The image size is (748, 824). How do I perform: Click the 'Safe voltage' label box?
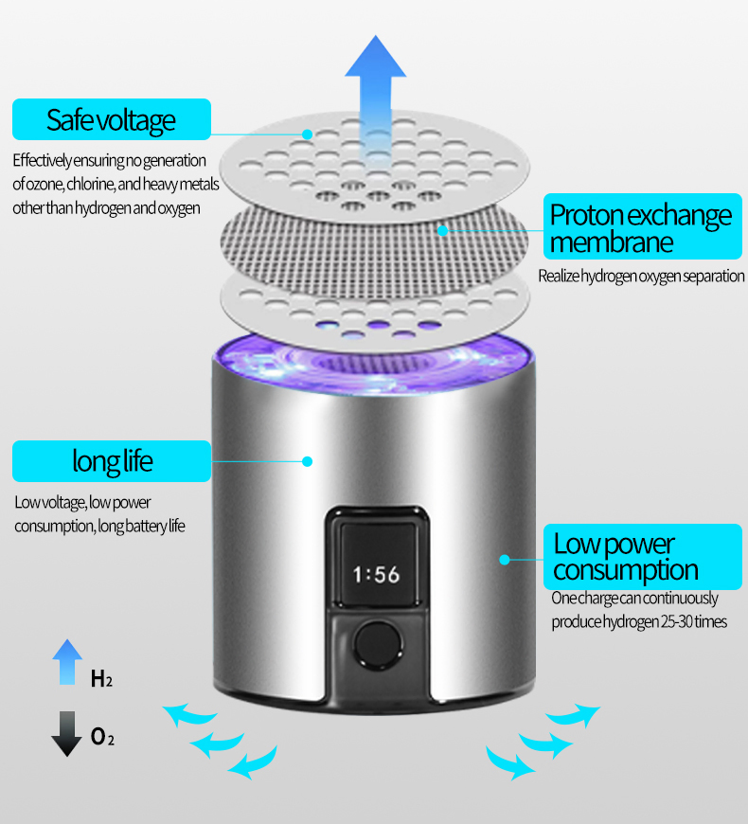(111, 120)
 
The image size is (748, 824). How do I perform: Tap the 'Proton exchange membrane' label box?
(641, 228)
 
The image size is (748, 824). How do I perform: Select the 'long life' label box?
(112, 461)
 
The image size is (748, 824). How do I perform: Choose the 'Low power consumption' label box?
(641, 557)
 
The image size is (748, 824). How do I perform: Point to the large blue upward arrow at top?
(375, 81)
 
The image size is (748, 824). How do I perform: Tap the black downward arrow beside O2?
(66, 733)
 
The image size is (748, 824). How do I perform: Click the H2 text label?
(101, 679)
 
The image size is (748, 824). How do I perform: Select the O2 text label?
(102, 737)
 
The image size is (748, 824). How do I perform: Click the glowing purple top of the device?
(374, 365)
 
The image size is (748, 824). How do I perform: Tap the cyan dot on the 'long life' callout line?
(307, 461)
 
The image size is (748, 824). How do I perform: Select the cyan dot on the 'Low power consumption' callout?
(505, 559)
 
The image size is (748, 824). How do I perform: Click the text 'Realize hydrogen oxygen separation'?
(641, 277)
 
